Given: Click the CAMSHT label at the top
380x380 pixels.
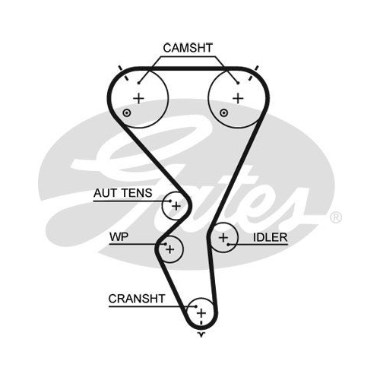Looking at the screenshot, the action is (188, 48).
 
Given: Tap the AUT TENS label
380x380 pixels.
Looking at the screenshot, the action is (123, 193).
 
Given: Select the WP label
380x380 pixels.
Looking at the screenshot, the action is (119, 237).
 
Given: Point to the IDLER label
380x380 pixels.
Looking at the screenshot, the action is (271, 237).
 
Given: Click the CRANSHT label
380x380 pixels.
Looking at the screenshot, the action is (137, 299).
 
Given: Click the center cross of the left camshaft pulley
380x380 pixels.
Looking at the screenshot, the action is (138, 98).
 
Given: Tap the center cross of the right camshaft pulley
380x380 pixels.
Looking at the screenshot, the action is (238, 98).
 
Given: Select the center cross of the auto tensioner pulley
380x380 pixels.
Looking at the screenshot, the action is (176, 206).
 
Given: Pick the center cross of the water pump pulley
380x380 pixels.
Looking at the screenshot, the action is (170, 249).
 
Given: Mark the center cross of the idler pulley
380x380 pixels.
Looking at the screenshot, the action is (223, 238).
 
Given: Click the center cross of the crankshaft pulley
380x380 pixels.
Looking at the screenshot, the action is (201, 313).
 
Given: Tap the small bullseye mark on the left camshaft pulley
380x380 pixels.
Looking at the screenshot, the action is (127, 112).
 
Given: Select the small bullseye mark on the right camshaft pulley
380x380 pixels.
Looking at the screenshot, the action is (223, 112).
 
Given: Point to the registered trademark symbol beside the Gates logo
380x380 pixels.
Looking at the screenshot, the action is (336, 217).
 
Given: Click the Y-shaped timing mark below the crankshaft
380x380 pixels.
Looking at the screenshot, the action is (201, 335).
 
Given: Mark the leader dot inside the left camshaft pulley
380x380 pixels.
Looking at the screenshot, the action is (139, 83).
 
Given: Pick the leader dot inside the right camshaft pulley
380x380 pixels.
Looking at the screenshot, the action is (238, 83).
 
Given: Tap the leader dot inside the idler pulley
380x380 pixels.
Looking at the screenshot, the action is (228, 245).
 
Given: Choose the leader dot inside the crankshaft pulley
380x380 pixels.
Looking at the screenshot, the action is (196, 306).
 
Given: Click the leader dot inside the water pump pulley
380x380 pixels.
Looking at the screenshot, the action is (166, 244).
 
